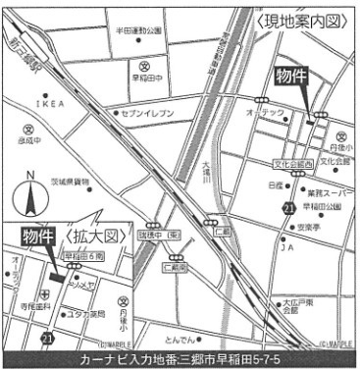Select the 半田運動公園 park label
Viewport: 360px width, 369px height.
pyautogui.click(x=137, y=29)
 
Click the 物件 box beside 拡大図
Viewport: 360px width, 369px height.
pyautogui.click(x=38, y=237)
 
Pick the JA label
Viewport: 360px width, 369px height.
pyautogui.click(x=288, y=248)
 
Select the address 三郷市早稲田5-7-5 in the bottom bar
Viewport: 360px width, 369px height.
pyautogui.click(x=227, y=359)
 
